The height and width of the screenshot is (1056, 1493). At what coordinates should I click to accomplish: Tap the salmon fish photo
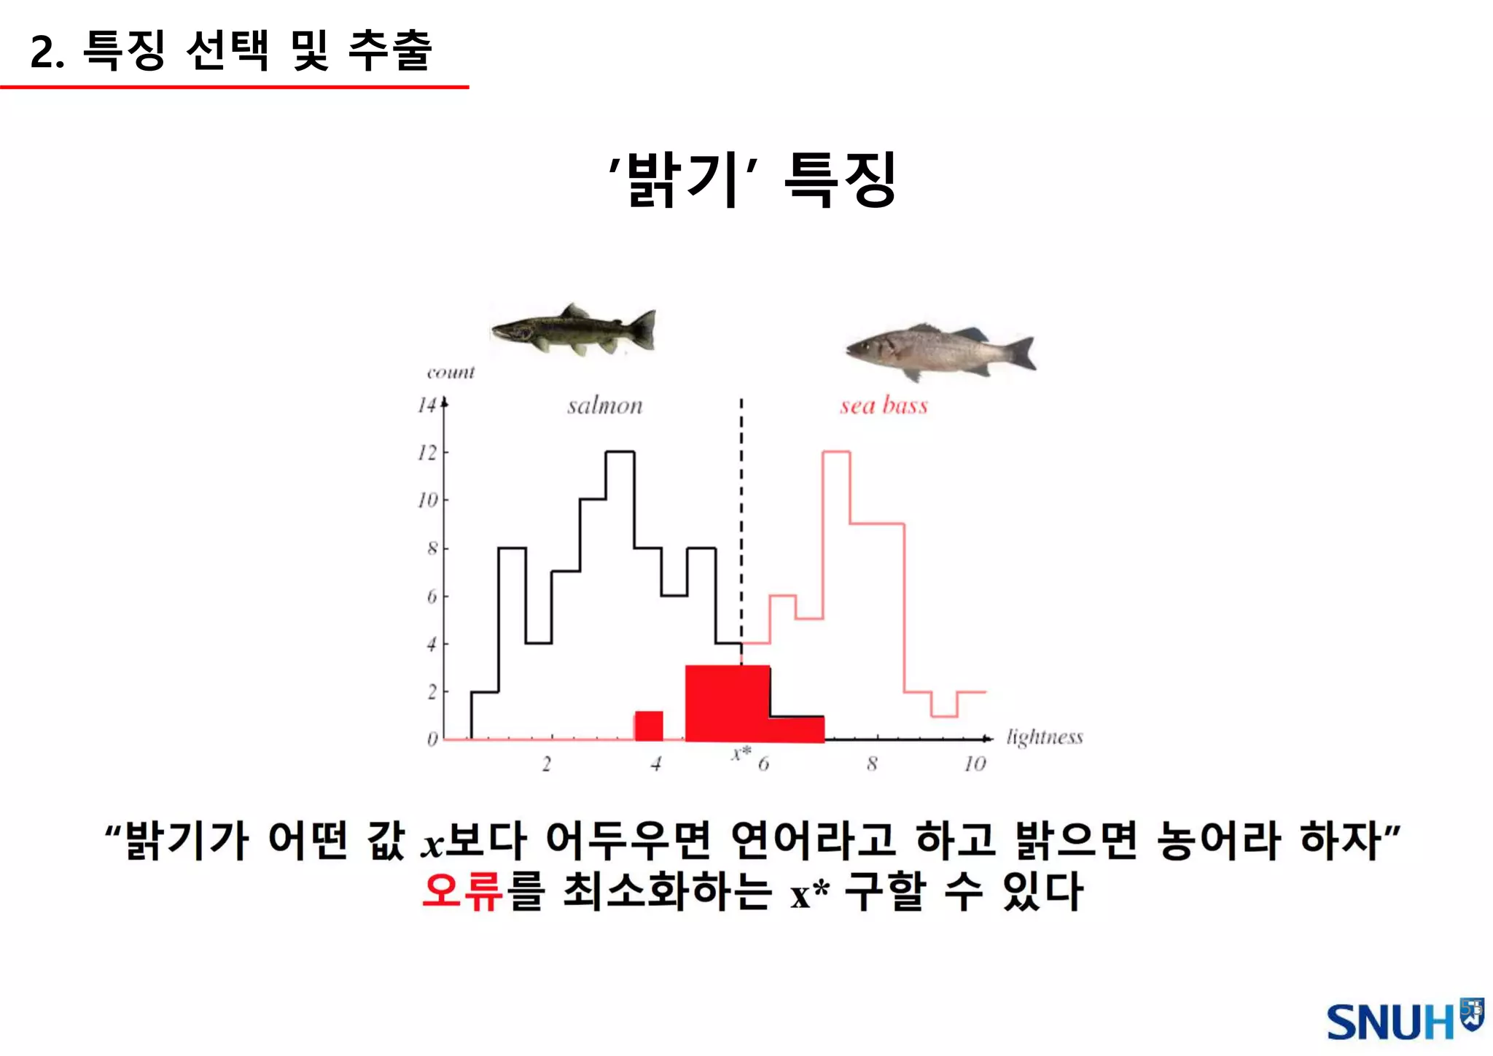click(x=574, y=331)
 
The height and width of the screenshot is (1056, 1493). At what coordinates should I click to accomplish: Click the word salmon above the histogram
click(x=605, y=405)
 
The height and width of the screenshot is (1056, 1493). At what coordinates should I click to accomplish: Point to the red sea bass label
click(x=884, y=405)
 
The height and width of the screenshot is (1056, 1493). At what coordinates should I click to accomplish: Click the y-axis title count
click(x=451, y=373)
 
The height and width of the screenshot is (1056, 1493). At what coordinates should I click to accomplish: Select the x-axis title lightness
click(x=1044, y=737)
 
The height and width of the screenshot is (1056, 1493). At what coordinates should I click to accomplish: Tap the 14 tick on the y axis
click(x=427, y=405)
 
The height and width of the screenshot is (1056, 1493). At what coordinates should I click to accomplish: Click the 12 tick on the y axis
click(x=427, y=453)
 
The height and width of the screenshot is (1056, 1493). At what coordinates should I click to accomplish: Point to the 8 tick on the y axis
click(x=432, y=548)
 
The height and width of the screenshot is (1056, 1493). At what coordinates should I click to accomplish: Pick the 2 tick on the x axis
click(x=547, y=764)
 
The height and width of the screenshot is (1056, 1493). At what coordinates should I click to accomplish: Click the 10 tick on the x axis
click(x=975, y=764)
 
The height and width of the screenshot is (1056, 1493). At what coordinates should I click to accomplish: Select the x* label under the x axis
click(x=741, y=753)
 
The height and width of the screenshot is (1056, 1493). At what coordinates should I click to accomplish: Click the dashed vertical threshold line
click(x=741, y=510)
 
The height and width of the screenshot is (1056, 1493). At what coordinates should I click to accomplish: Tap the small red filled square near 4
click(x=649, y=725)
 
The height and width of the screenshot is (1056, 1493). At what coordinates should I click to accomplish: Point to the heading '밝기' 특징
click(x=752, y=180)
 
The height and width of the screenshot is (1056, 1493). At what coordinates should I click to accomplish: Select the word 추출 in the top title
click(x=391, y=50)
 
